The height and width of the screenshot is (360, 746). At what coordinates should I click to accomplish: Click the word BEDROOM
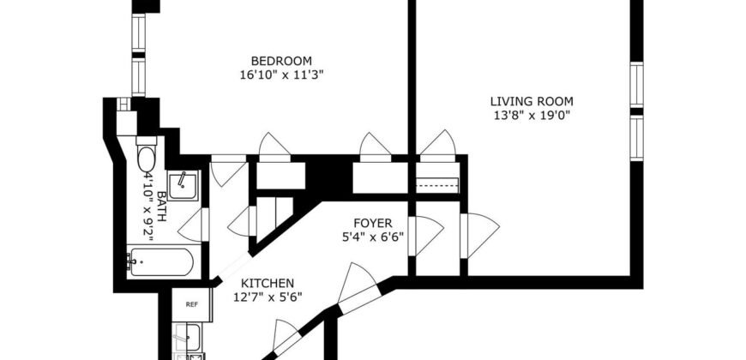click(x=281, y=60)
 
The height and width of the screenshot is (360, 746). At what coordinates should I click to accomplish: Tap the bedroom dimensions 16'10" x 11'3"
click(x=281, y=75)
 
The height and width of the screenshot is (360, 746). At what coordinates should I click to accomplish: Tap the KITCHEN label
click(x=268, y=284)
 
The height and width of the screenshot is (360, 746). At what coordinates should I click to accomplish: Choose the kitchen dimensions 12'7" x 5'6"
click(x=268, y=297)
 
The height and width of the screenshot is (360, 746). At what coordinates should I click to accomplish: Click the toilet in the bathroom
click(x=146, y=157)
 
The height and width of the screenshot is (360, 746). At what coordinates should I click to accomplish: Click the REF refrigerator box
click(x=191, y=304)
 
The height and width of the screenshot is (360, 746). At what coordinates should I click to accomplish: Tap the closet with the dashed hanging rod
click(x=437, y=183)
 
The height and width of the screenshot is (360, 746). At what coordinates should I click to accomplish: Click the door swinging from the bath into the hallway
click(x=192, y=225)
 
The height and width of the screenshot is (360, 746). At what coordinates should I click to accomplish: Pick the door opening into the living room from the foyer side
click(x=478, y=232)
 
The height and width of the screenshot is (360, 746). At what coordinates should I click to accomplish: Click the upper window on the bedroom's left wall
click(x=138, y=31)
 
